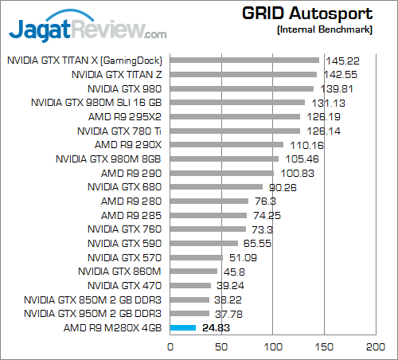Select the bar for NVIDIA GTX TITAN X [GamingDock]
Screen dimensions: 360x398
pos(244,60)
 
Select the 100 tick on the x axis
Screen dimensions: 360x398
pos(273,347)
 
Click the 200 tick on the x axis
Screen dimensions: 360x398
pos(376,347)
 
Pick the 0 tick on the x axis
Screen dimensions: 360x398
pos(170,347)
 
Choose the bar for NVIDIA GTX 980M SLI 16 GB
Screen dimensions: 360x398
pos(237,102)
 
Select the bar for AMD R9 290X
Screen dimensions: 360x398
pos(227,145)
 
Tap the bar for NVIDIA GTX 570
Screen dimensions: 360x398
pos(197,257)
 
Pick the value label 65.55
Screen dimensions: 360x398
pos(256,244)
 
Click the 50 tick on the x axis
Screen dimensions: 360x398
pos(222,347)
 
